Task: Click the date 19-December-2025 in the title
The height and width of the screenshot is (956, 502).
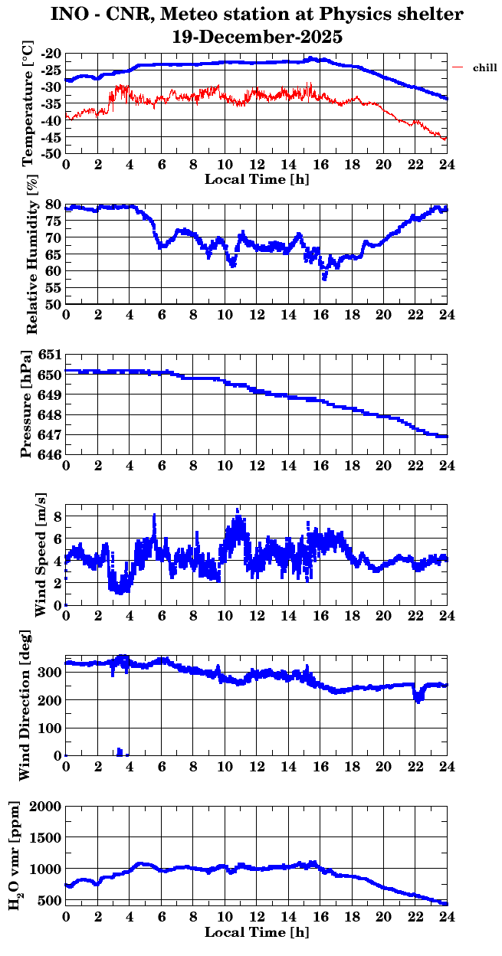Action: coord(258,36)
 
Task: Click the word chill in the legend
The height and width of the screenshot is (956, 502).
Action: coord(484,68)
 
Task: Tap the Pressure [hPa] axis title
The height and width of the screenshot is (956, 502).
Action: coord(28,404)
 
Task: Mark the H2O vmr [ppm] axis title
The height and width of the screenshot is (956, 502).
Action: coord(15,855)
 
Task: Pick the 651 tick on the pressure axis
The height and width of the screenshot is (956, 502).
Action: coord(51,355)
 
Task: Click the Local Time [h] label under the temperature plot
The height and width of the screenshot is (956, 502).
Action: coord(257,179)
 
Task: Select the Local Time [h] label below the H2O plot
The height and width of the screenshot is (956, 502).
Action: coord(257,931)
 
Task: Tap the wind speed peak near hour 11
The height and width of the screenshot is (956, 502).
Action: coord(238,510)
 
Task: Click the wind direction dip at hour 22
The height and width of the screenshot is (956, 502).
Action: coord(418,699)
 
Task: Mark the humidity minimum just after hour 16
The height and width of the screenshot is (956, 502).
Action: coord(324,278)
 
